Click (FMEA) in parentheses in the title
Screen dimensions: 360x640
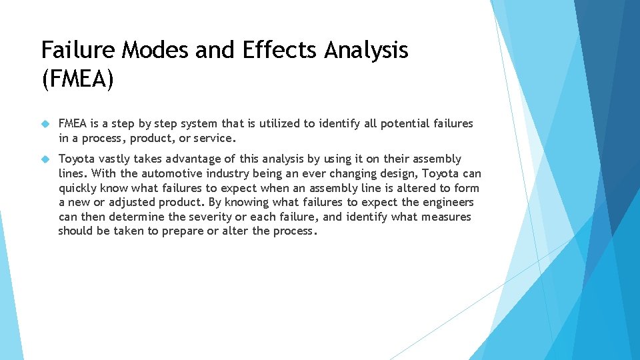pyautogui.click(x=78, y=80)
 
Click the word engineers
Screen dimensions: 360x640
pyautogui.click(x=448, y=202)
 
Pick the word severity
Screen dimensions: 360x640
pyautogui.click(x=191, y=217)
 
